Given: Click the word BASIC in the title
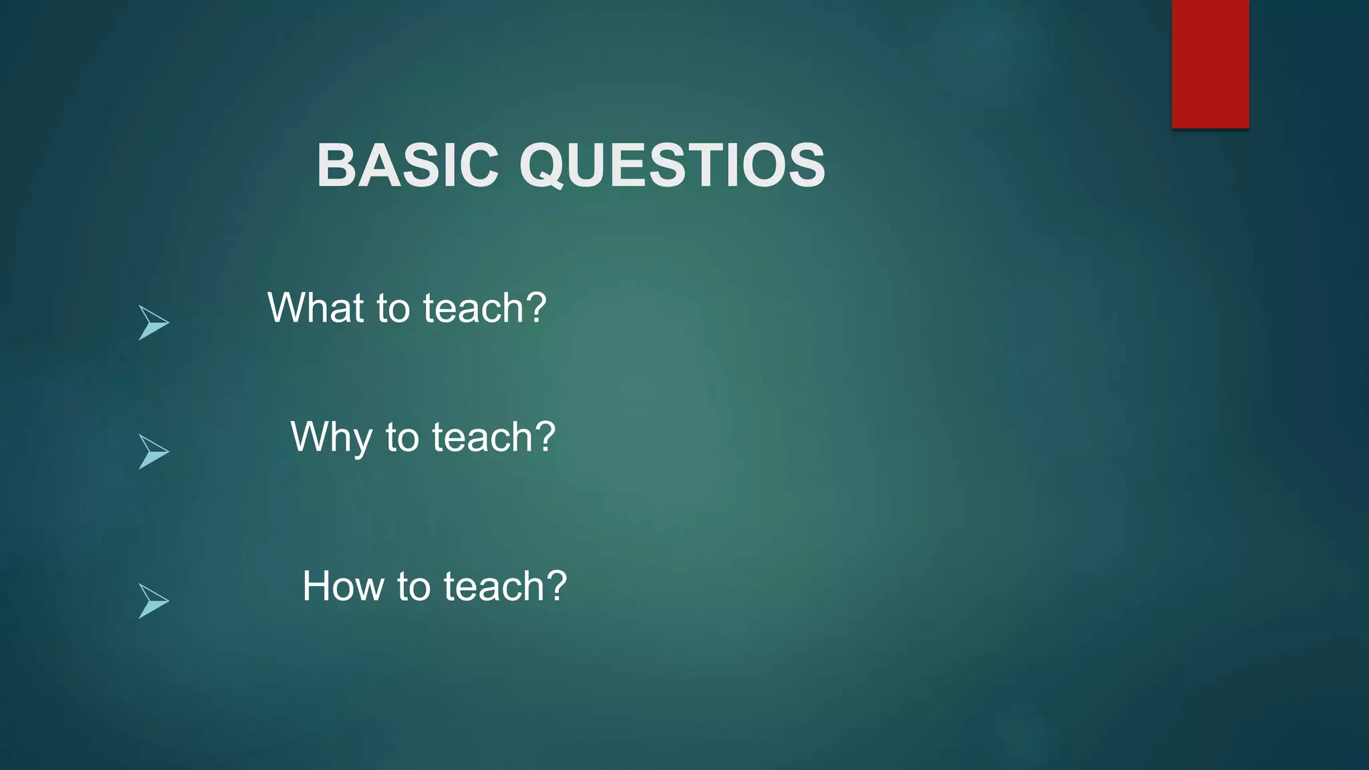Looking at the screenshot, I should click(x=408, y=165).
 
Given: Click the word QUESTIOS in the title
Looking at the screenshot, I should click(x=672, y=165).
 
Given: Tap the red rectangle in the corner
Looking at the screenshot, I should click(x=1210, y=63).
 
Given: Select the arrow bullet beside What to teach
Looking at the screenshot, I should click(x=153, y=323).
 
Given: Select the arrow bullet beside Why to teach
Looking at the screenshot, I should click(x=153, y=452).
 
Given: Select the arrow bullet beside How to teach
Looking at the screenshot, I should click(x=153, y=601).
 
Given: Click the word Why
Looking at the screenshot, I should click(x=331, y=438).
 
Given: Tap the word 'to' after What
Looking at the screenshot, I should click(x=393, y=309).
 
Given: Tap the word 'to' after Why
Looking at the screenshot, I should click(x=402, y=438).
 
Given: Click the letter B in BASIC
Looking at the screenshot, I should click(x=338, y=165).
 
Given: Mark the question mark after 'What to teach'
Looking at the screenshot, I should click(x=535, y=307).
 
